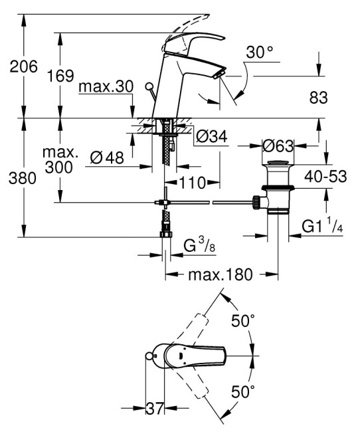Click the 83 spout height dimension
pos(319,98)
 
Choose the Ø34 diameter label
pos(212,136)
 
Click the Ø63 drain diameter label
pos(278,145)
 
